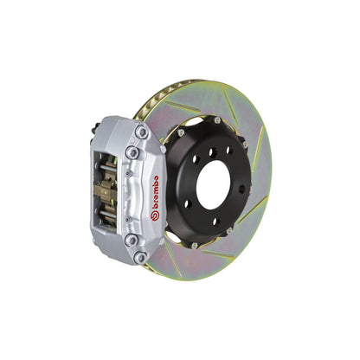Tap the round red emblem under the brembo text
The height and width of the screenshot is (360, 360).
coord(154,215)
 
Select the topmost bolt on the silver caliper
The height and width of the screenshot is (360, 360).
coord(140,132)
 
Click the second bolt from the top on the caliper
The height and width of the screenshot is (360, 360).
coord(132,152)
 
